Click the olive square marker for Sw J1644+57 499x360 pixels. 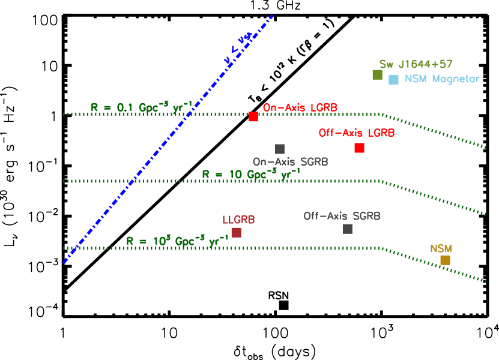377,75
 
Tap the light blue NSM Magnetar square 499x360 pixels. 393,80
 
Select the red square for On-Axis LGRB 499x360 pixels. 253,117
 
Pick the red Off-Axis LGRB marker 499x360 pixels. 359,148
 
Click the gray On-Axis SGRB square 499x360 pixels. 280,149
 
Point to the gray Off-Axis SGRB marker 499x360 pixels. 348,229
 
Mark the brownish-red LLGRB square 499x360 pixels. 237,232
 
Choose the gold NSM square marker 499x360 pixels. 445,260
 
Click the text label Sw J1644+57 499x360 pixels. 416,64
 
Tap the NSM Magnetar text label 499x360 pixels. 442,79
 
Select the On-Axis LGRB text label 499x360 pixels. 300,108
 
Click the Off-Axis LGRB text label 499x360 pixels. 357,133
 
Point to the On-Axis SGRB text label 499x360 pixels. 290,162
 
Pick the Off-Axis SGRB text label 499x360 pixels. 342,216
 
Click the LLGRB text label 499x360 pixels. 238,220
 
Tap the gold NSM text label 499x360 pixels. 441,248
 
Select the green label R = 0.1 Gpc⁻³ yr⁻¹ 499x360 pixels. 142,107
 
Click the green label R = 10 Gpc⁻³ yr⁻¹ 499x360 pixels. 251,174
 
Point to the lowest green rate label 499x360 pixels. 177,241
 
